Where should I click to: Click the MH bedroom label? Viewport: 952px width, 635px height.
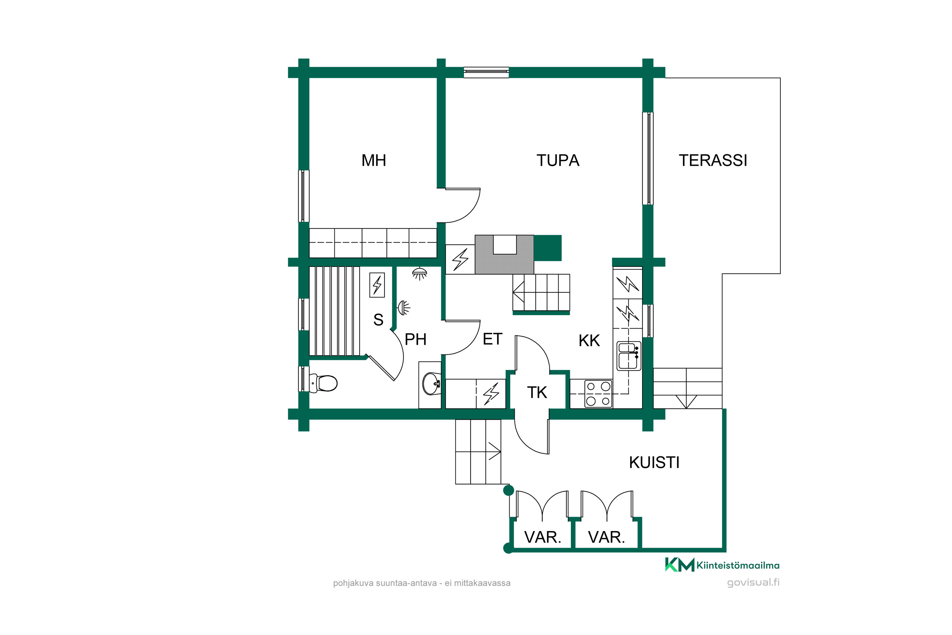pyautogui.click(x=374, y=160)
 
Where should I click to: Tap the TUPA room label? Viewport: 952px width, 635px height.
pyautogui.click(x=558, y=160)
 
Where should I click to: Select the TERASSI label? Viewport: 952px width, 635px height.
pyautogui.click(x=713, y=160)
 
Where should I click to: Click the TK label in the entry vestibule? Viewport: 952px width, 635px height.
pyautogui.click(x=537, y=392)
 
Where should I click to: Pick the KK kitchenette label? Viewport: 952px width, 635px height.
pyautogui.click(x=589, y=341)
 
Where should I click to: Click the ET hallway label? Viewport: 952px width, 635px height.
pyautogui.click(x=493, y=339)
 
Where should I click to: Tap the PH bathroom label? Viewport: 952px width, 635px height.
pyautogui.click(x=416, y=339)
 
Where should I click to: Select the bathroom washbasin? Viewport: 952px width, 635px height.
pyautogui.click(x=431, y=383)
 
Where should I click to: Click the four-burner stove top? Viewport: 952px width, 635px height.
pyautogui.click(x=598, y=393)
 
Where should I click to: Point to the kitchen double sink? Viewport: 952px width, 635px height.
pyautogui.click(x=629, y=356)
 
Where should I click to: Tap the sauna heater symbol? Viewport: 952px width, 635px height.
pyautogui.click(x=377, y=285)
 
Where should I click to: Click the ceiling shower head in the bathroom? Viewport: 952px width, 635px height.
pyautogui.click(x=419, y=273)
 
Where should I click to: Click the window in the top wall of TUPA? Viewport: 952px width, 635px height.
pyautogui.click(x=486, y=72)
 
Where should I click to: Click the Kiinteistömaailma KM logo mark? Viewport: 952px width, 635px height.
pyautogui.click(x=680, y=565)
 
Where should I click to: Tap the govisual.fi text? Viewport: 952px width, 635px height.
pyautogui.click(x=753, y=582)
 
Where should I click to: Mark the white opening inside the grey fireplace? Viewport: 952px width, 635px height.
pyautogui.click(x=505, y=244)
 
